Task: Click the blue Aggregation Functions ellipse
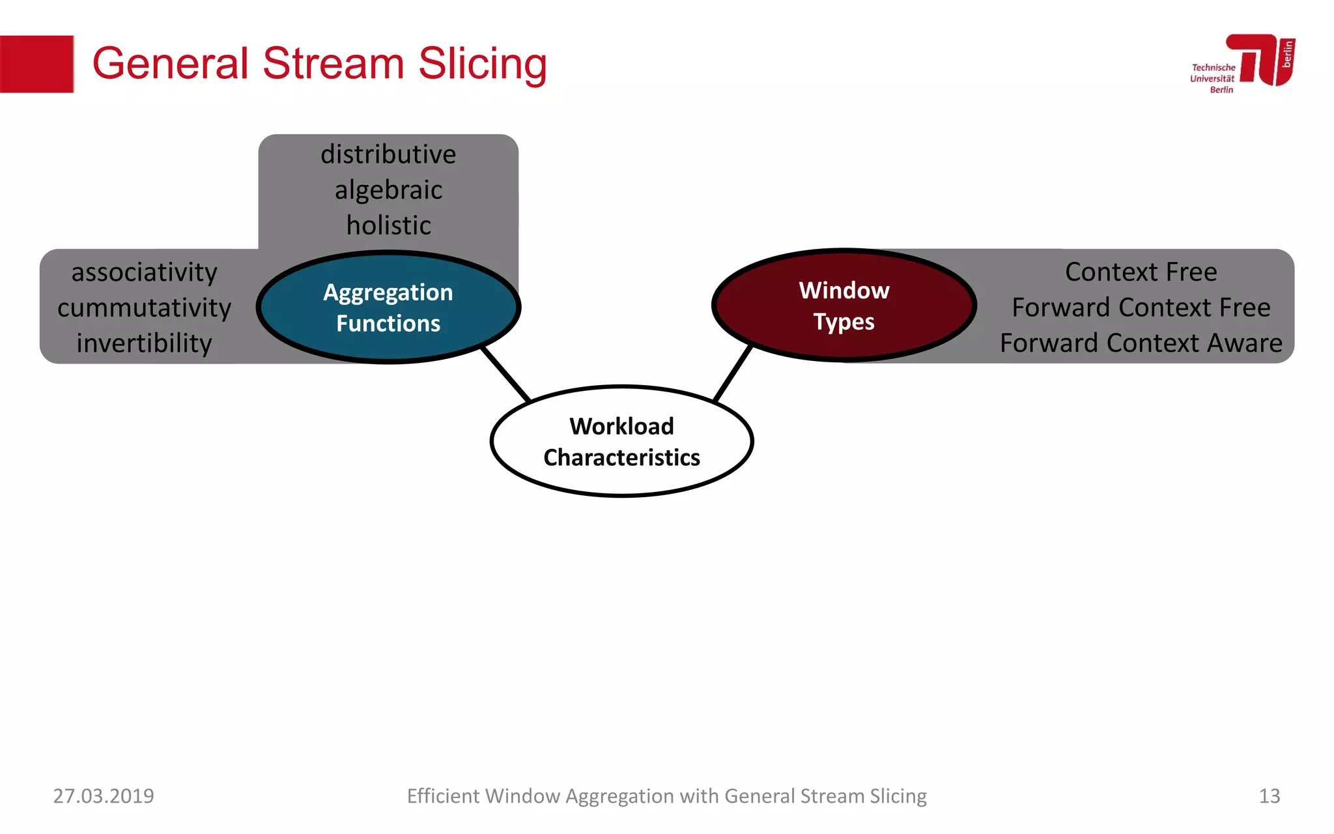tap(389, 307)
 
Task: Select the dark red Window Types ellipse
tap(844, 305)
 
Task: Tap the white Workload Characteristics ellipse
tap(622, 442)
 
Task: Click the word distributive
tap(388, 154)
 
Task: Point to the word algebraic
tap(388, 190)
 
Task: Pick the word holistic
tap(388, 225)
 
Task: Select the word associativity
tap(144, 272)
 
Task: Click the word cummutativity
tap(144, 308)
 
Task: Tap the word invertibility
tap(144, 343)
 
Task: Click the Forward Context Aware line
tap(1141, 343)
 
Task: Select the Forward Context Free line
tap(1141, 308)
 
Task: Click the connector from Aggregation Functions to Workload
tap(506, 374)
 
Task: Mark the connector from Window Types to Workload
tap(733, 374)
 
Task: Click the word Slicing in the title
tap(482, 64)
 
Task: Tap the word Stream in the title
tap(333, 64)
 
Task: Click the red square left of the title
tap(36, 64)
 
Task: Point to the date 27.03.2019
tap(104, 796)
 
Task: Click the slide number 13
tap(1269, 796)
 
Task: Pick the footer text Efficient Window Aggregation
tap(666, 796)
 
